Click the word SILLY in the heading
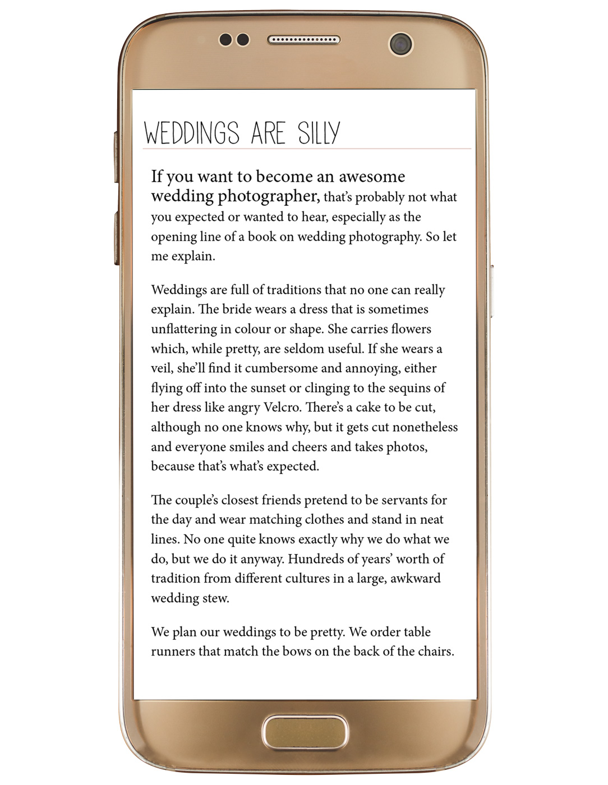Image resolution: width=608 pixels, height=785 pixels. click(319, 133)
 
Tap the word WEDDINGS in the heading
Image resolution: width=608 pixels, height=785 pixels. click(191, 133)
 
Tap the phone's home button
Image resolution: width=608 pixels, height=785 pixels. click(304, 732)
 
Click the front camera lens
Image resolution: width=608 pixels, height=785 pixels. click(400, 43)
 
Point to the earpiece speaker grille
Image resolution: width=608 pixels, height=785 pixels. click(303, 40)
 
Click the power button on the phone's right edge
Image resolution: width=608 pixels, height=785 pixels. click(491, 292)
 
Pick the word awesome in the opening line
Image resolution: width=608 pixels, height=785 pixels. click(372, 177)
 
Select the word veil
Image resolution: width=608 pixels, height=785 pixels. click(162, 368)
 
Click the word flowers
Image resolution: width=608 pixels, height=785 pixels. click(412, 329)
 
